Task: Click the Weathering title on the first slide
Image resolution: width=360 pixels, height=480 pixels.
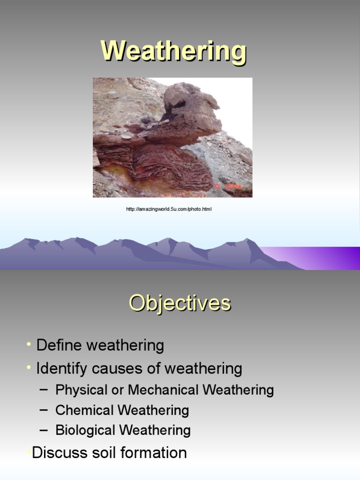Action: [173, 51]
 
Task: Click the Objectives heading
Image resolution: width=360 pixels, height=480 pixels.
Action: [180, 303]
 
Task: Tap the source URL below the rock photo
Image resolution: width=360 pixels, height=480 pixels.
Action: [169, 209]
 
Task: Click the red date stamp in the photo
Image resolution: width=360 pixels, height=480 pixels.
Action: [228, 186]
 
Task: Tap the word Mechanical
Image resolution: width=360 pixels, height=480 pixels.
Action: [163, 390]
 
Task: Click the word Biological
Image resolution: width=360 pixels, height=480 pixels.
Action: [85, 430]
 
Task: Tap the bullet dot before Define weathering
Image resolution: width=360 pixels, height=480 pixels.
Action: [29, 344]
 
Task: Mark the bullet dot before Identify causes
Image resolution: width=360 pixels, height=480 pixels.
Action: [29, 367]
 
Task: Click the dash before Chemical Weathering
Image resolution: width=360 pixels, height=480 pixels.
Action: [44, 410]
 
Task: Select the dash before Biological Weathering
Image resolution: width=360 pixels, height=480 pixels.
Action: [44, 430]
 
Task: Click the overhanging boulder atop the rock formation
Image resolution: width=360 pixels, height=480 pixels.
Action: [190, 107]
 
